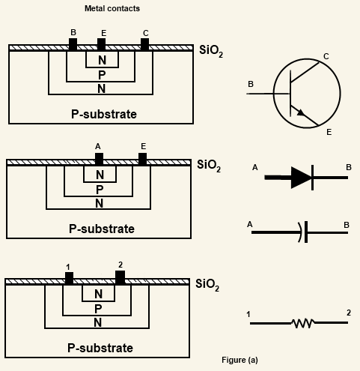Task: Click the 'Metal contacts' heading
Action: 112,8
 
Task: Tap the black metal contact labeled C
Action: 144,44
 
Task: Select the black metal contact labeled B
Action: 73,44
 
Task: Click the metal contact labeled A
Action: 99,159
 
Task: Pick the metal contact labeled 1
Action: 69,278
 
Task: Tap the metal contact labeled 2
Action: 120,277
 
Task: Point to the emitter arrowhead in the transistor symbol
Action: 301,112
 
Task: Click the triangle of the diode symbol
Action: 302,178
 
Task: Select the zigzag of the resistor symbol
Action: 303,323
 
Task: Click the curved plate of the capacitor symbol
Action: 300,232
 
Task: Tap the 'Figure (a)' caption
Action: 240,360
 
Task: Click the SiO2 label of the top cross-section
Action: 211,51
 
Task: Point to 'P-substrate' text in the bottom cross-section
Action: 100,348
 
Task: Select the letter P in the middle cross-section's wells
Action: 100,190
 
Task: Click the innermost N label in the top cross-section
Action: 102,60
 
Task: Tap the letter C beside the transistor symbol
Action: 326,56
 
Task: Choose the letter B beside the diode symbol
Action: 349,167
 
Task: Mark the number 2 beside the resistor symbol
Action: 349,313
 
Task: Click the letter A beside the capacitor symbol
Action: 250,225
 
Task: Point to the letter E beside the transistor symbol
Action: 329,132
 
